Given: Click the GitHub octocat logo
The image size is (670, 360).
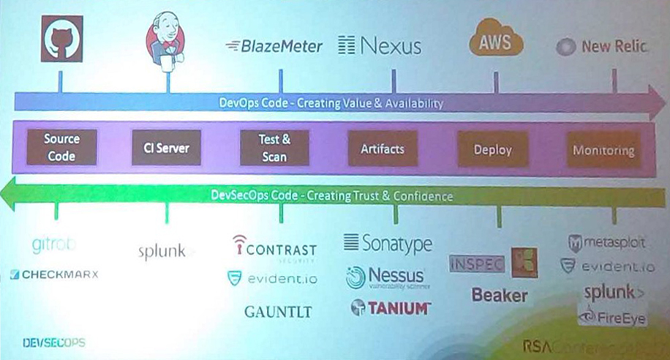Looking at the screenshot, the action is pos(61,40).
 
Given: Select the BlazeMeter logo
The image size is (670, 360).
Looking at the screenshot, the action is pos(274,47).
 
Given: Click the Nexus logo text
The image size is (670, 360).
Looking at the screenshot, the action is pos(380,47).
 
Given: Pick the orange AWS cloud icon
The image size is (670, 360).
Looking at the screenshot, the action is pos(495,41).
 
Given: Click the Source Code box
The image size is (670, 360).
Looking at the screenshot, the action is pos(61,147).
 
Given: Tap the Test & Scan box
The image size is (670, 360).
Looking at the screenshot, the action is pos(274,147).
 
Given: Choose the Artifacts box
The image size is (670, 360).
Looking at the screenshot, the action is pos(382,149).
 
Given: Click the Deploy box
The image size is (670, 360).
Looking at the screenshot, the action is pos(492,150).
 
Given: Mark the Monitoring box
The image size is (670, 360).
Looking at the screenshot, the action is pos(603,151).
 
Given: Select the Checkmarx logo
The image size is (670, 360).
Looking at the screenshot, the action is pos(55,275).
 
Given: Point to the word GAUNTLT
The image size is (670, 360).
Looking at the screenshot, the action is pos(278,312).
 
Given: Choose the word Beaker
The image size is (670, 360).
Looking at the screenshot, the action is pos(499,296).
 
